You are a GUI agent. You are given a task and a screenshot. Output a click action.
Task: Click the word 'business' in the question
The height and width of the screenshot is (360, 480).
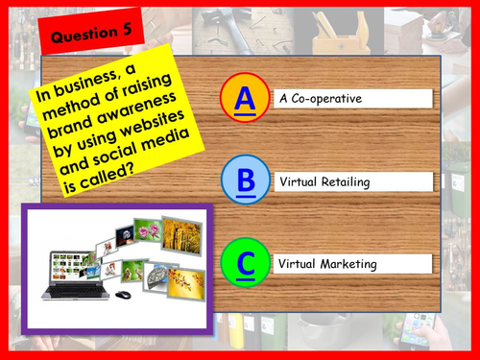[90, 85]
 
